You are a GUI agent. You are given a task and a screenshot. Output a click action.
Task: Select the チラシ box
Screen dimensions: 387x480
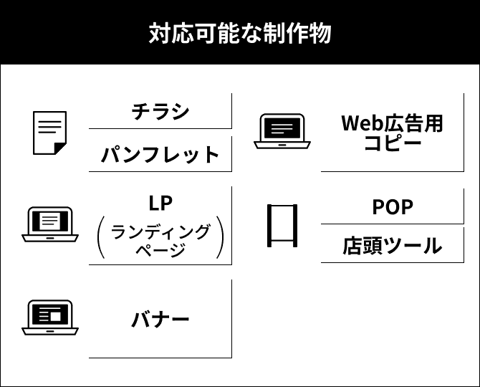160,111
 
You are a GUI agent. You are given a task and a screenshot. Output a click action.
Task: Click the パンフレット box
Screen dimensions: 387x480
160,154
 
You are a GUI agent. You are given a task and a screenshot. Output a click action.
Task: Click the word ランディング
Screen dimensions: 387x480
160,231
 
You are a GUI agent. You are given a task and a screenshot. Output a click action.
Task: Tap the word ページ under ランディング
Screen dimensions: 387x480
160,249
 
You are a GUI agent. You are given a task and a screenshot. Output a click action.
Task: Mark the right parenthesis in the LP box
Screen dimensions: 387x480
220,239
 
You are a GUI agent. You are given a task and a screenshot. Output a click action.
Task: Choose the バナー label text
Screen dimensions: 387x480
160,319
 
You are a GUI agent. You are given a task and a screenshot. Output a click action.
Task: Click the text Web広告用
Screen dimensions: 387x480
392,123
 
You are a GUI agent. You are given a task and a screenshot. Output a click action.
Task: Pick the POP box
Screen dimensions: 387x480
392,206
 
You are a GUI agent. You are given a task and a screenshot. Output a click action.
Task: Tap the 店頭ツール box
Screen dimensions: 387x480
392,246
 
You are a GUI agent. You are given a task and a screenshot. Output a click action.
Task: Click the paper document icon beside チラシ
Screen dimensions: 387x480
50,133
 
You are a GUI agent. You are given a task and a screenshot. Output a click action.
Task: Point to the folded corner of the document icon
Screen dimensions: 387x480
60,148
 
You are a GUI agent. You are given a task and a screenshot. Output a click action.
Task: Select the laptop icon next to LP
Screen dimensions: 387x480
50,224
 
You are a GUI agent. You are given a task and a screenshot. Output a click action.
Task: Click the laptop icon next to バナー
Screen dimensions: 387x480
50,317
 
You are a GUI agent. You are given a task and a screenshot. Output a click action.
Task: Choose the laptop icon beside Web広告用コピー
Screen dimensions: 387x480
282,131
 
